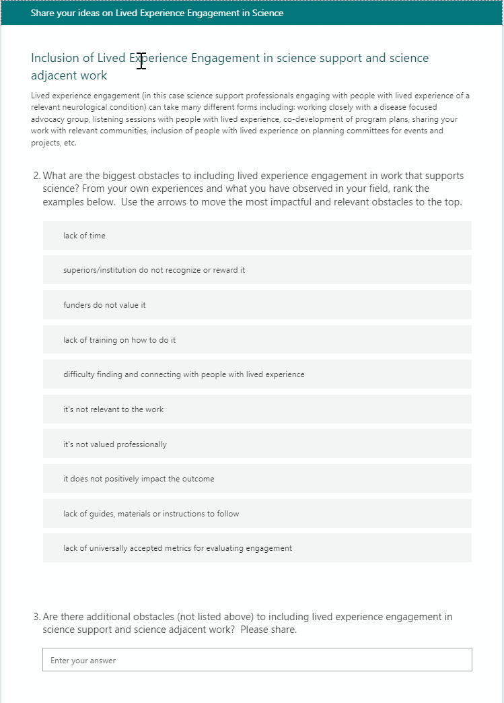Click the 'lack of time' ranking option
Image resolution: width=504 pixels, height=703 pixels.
point(257,236)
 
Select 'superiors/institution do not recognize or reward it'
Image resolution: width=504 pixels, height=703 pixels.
point(257,270)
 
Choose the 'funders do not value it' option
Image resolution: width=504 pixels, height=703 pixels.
point(257,305)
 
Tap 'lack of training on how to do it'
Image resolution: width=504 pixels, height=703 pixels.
point(257,340)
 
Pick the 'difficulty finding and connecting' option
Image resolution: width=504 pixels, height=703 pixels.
point(257,374)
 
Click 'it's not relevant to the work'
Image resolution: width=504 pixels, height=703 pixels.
point(257,409)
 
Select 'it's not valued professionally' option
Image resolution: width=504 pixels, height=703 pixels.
point(257,444)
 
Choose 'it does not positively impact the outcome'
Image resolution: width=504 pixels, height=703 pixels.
point(257,479)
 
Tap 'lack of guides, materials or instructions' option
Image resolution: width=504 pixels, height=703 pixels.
point(257,514)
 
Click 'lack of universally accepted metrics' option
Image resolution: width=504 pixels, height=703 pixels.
point(257,548)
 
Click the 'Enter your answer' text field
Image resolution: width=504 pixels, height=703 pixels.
point(257,660)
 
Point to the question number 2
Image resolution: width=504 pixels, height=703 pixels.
point(36,176)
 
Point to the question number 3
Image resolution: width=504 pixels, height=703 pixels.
point(36,617)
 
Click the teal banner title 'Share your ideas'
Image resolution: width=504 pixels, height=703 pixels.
point(157,13)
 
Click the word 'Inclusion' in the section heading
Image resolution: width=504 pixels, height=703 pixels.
point(55,59)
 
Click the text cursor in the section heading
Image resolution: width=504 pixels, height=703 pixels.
point(141,60)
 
